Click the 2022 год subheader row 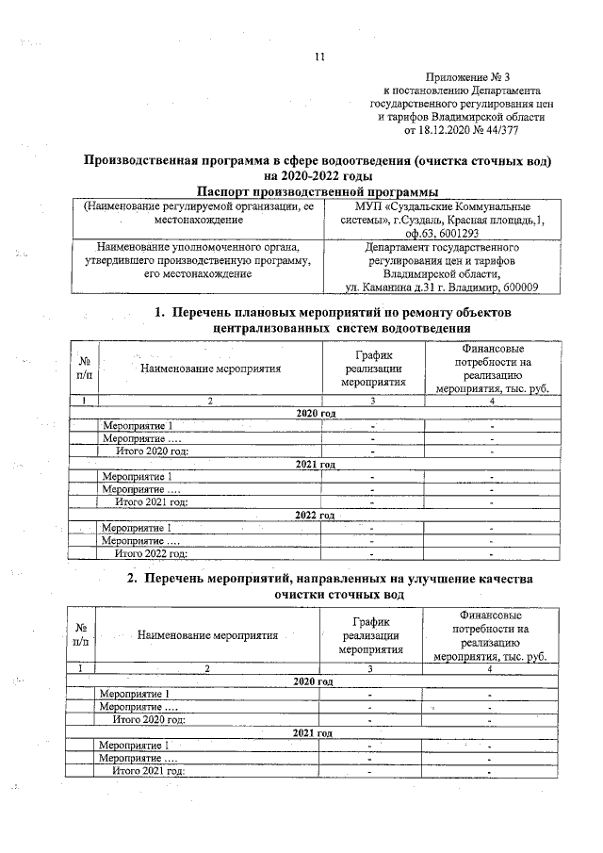point(315,516)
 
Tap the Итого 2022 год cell point(150,553)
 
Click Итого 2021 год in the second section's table point(147,770)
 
